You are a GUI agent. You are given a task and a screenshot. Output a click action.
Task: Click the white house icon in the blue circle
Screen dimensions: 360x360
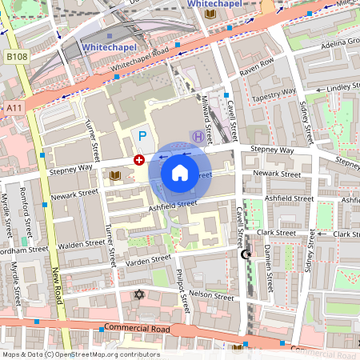180,172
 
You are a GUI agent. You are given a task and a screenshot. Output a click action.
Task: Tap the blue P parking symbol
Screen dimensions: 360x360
143,137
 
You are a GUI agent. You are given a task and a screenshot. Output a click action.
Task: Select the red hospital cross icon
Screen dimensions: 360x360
139,161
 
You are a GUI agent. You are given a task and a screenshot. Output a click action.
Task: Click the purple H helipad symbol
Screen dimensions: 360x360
197,137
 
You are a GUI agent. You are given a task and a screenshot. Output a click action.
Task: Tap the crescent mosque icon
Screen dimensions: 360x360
246,254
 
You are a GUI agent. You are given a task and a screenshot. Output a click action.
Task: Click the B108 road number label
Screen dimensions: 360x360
16,57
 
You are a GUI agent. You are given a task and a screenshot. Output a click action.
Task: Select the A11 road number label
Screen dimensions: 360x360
13,107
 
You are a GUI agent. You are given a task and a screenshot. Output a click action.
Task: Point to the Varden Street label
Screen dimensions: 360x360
150,259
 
